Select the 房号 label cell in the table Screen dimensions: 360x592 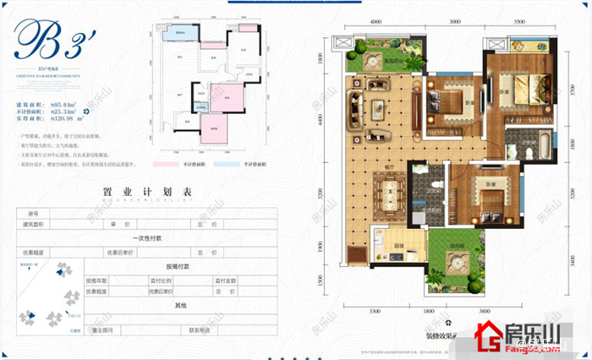[34, 213]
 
